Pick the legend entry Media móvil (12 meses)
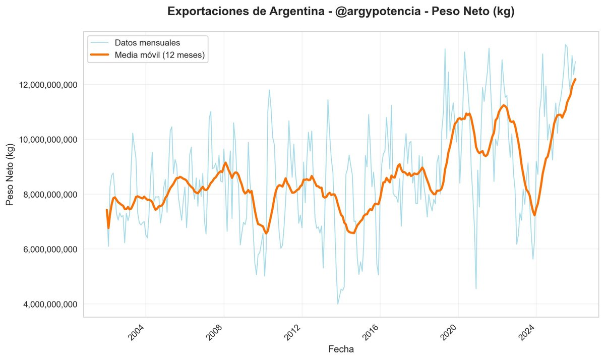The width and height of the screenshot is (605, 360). click(x=160, y=55)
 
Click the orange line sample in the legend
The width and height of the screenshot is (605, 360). click(x=100, y=55)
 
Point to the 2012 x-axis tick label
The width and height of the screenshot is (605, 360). click(x=294, y=333)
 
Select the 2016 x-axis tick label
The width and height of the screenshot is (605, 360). click(x=372, y=333)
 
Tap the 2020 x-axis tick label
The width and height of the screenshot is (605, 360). click(x=450, y=333)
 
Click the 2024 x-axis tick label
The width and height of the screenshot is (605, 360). click(x=528, y=333)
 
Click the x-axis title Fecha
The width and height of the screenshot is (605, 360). click(x=341, y=349)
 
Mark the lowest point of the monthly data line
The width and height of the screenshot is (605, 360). click(x=338, y=304)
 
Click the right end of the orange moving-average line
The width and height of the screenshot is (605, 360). click(x=575, y=79)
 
